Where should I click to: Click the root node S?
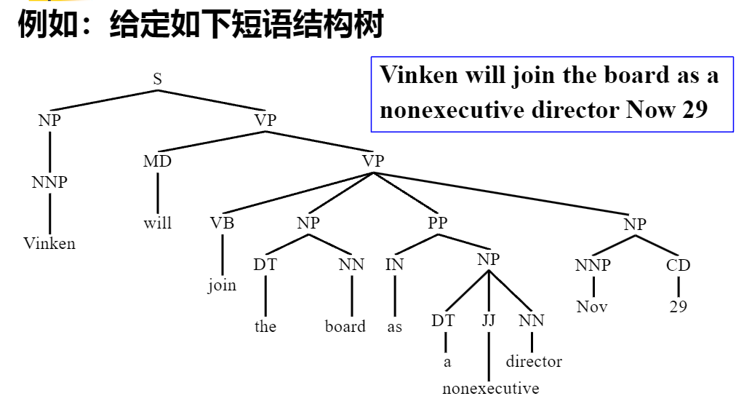click(x=157, y=79)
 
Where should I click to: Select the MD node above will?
click(x=157, y=161)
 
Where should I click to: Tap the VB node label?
click(x=223, y=223)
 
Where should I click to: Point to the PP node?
click(x=437, y=223)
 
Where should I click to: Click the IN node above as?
click(x=394, y=265)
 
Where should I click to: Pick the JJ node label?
click(x=488, y=320)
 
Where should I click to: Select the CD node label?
click(x=678, y=265)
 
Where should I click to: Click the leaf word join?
click(x=222, y=285)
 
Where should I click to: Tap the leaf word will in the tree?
click(x=157, y=223)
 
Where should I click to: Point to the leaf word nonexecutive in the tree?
click(x=491, y=388)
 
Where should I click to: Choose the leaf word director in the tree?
click(x=534, y=361)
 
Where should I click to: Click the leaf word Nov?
click(x=592, y=306)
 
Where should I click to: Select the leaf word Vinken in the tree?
click(x=49, y=243)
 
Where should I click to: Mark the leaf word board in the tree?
click(x=345, y=327)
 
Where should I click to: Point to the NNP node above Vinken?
click(x=49, y=182)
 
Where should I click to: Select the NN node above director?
click(x=532, y=320)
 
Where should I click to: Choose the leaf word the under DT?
click(x=265, y=327)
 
